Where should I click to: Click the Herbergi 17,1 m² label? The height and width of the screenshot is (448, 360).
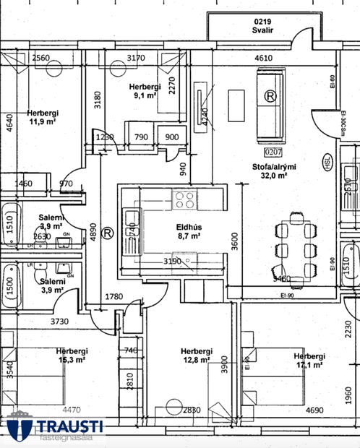click(x=309, y=360)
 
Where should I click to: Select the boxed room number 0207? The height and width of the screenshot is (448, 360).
click(x=273, y=152)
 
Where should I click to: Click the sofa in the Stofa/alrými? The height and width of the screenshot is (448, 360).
click(x=270, y=103)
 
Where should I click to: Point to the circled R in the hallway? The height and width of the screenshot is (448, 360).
click(x=107, y=233)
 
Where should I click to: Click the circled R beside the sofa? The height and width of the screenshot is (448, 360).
click(x=270, y=95)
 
